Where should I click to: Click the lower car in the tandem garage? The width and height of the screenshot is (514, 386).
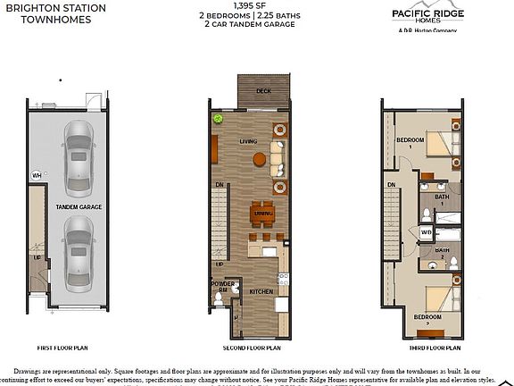pyautogui.click(x=78, y=256)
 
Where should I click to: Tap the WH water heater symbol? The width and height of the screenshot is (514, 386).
pyautogui.click(x=37, y=175)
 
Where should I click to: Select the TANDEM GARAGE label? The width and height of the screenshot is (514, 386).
pyautogui.click(x=78, y=206)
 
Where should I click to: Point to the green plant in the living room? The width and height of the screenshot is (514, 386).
pyautogui.click(x=216, y=119)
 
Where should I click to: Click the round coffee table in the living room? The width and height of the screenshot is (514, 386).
pyautogui.click(x=259, y=160)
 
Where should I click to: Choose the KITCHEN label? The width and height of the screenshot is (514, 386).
pyautogui.click(x=261, y=292)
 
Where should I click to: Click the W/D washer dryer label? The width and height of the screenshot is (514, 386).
pyautogui.click(x=426, y=231)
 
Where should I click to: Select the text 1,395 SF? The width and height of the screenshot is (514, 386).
pyautogui.click(x=256, y=6)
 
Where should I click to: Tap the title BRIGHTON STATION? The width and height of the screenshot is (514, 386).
pyautogui.click(x=55, y=8)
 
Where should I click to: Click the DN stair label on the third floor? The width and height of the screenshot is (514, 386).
pyautogui.click(x=391, y=185)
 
